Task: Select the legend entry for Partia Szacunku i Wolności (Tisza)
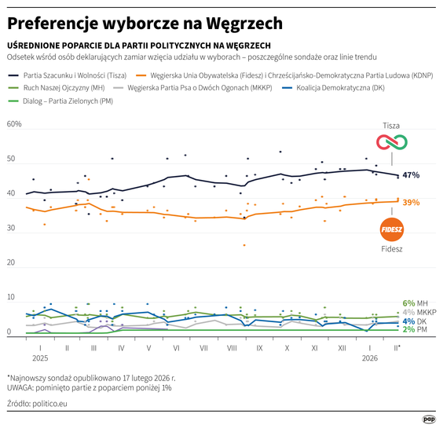coord(66,75)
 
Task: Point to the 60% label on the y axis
coord(14,124)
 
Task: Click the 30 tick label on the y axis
coord(11,228)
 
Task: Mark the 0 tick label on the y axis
coord(9,332)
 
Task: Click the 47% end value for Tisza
coord(410,175)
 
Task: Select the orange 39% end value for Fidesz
coord(411,203)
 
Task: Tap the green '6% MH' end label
coord(414,302)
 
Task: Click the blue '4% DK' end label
coord(414,321)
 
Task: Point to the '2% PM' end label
coord(414,331)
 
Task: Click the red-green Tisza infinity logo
coord(391,142)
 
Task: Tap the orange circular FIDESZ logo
coord(391,229)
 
